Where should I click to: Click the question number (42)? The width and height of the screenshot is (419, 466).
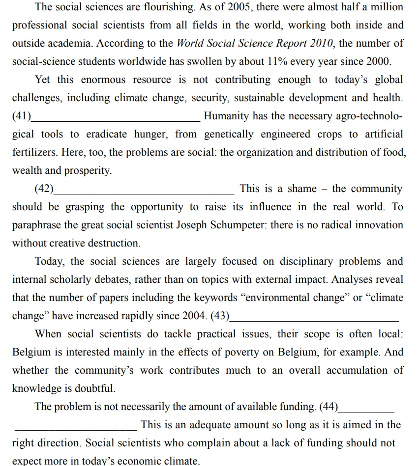point(44,189)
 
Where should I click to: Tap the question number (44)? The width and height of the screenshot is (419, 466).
point(329,407)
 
